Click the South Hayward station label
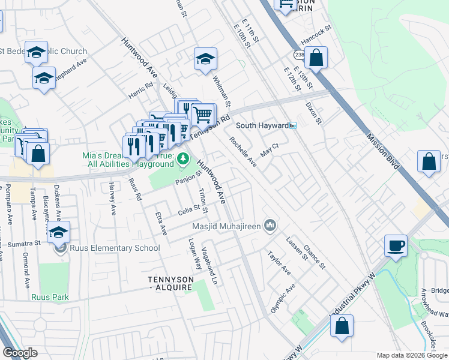[x=262, y=125]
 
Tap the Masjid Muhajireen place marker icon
[x=271, y=226]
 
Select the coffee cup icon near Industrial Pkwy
[x=396, y=246]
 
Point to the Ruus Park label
[x=50, y=297]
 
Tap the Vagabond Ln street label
[x=208, y=265]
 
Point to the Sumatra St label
[x=28, y=243]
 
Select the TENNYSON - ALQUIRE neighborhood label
[x=170, y=283]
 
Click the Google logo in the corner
[x=20, y=353]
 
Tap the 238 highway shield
[x=299, y=55]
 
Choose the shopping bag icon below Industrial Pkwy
[x=342, y=327]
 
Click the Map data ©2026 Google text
[x=412, y=355]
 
